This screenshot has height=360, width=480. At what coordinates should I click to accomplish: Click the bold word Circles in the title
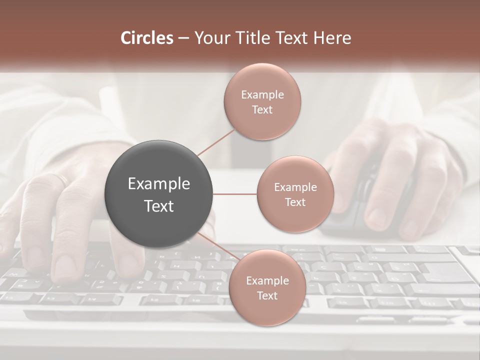click(x=147, y=38)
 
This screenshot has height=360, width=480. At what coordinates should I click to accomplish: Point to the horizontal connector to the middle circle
click(x=235, y=194)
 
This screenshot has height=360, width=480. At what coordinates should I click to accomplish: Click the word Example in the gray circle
click(x=159, y=184)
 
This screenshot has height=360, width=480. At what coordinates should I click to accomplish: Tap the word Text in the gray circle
click(x=159, y=206)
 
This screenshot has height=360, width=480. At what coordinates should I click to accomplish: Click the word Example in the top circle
click(x=262, y=95)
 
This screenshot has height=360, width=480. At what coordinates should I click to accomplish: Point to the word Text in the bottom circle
click(x=267, y=296)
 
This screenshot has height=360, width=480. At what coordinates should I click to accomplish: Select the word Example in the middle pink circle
click(x=295, y=187)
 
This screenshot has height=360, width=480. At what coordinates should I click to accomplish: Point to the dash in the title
click(x=183, y=38)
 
